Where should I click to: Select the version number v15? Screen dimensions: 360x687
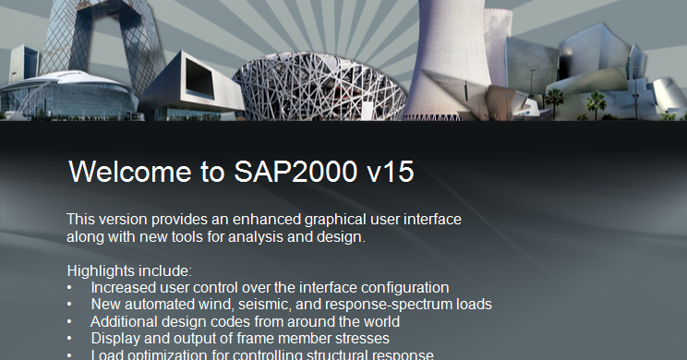388,172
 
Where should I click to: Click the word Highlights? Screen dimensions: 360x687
100,270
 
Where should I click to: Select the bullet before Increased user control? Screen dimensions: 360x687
71,288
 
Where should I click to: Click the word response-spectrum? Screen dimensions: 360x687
404,305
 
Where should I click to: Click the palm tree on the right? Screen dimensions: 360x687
595,99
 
